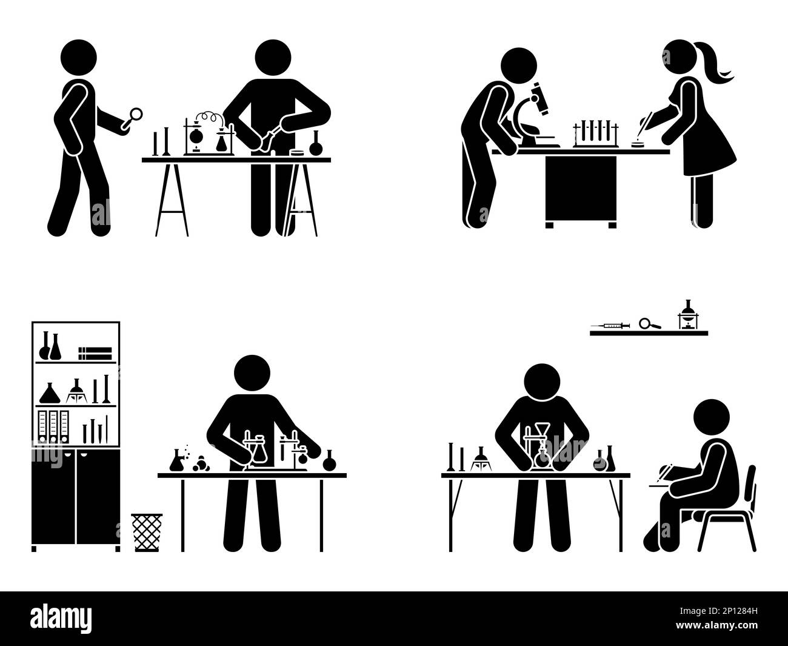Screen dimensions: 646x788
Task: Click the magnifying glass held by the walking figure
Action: click(x=135, y=114)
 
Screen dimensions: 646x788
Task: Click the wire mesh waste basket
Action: click(x=147, y=532)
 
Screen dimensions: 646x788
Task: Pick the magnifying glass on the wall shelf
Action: click(x=649, y=323)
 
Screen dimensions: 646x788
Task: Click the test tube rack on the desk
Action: click(x=596, y=133)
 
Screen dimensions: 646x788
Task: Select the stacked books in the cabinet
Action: click(x=96, y=353)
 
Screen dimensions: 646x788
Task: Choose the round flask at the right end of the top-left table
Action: click(x=315, y=147)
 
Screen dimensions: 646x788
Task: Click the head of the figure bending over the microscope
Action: click(x=519, y=67)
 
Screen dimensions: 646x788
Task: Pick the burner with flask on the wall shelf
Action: click(x=687, y=316)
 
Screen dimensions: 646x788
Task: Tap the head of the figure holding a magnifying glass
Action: click(x=78, y=58)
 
